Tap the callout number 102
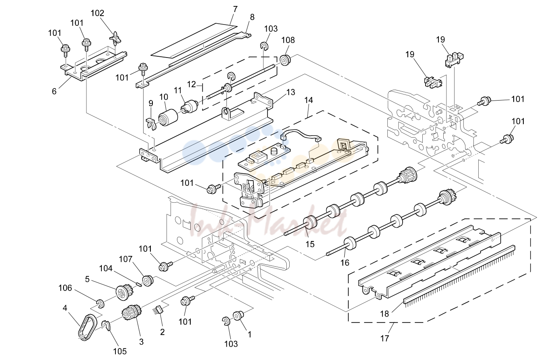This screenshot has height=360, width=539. tap(97, 13)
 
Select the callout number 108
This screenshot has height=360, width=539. tap(288, 40)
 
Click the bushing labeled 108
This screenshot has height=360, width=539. tap(285, 60)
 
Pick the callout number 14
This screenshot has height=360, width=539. tap(309, 100)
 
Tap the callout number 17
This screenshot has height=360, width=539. tap(385, 338)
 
